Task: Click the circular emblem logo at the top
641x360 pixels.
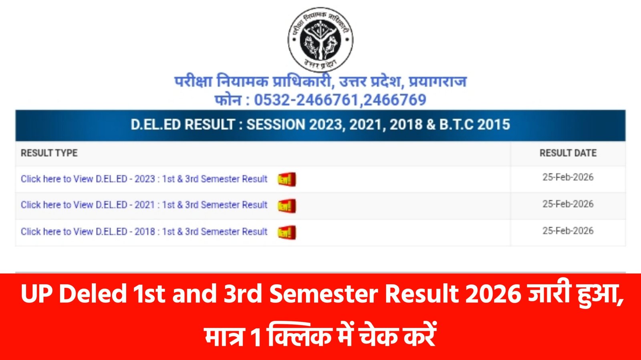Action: point(320,39)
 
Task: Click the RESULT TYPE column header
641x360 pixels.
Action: point(49,153)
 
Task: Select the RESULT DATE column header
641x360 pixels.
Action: point(568,153)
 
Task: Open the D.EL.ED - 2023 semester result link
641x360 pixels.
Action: point(144,179)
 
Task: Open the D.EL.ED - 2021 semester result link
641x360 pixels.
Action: point(144,205)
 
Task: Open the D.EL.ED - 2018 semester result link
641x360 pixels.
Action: point(144,232)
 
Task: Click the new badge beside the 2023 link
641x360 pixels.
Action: point(287,179)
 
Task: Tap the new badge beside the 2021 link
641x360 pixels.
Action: point(287,206)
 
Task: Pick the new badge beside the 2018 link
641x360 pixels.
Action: point(287,232)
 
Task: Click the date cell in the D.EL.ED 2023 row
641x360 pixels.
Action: point(568,177)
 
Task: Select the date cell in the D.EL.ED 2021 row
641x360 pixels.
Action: point(568,204)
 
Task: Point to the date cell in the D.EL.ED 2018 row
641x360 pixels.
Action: point(568,231)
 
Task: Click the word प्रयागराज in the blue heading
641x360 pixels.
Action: point(437,82)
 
